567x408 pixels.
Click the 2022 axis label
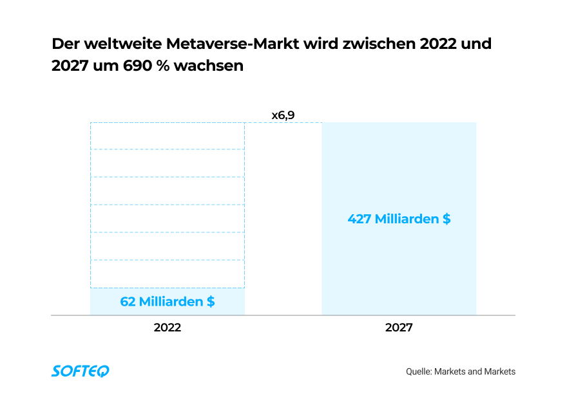(x=167, y=328)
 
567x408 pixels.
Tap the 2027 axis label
(x=399, y=328)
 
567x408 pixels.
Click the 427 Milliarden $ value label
(x=399, y=219)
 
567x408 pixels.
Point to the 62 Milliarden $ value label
(x=168, y=301)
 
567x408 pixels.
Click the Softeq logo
(x=81, y=371)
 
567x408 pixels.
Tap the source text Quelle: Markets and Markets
(x=461, y=371)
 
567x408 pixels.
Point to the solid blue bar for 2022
(x=168, y=301)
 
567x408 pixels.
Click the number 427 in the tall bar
(x=360, y=219)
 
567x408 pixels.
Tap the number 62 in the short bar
(x=128, y=301)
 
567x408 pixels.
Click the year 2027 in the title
(x=70, y=66)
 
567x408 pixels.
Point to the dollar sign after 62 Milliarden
(x=211, y=301)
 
